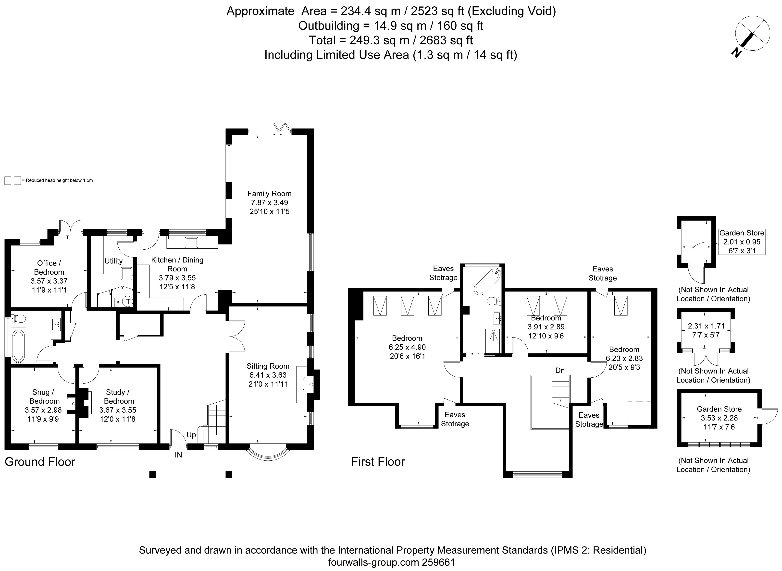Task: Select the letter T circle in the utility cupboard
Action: coord(128,302)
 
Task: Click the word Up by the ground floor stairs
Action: coord(191,434)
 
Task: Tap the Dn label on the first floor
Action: coord(560,371)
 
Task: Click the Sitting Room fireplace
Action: coord(308,384)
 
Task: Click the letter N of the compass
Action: coord(737,53)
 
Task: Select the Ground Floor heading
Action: coord(40,462)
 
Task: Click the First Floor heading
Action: coord(378,462)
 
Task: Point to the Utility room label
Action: coord(113,261)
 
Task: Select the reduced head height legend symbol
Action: coord(12,180)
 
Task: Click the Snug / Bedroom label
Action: coord(44,396)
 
